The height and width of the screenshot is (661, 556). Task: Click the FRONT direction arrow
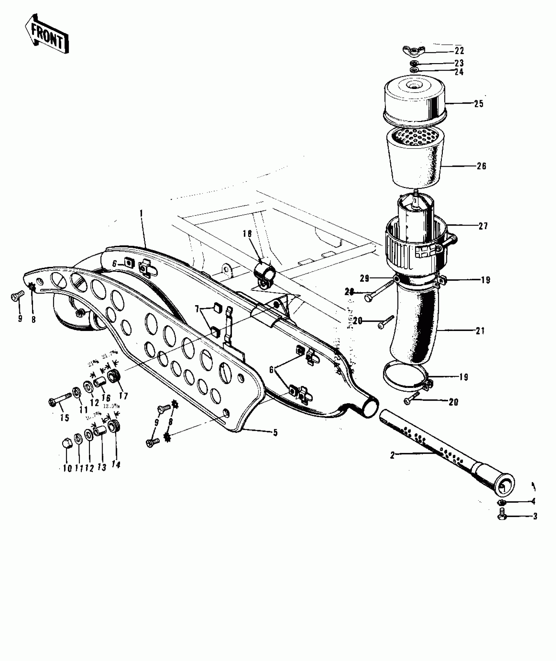point(47,34)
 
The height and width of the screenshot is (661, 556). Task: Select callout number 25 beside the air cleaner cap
point(478,104)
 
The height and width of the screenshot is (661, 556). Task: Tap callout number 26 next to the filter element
point(481,166)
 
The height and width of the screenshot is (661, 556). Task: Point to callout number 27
point(483,226)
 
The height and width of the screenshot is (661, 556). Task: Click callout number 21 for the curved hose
point(480,331)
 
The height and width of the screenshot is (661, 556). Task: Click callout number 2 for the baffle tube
point(392,455)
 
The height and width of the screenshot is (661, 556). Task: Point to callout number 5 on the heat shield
point(275,433)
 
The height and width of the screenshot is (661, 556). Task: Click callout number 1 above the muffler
point(141,213)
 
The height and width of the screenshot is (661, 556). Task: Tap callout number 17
point(123,396)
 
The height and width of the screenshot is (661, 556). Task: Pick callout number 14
point(116,465)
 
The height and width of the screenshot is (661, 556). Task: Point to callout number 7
point(197,309)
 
